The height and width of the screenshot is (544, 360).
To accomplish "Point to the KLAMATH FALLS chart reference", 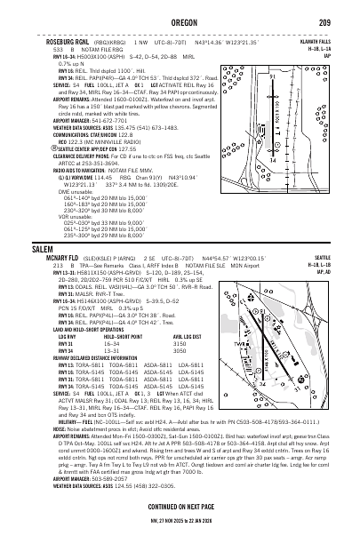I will point(336,40).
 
